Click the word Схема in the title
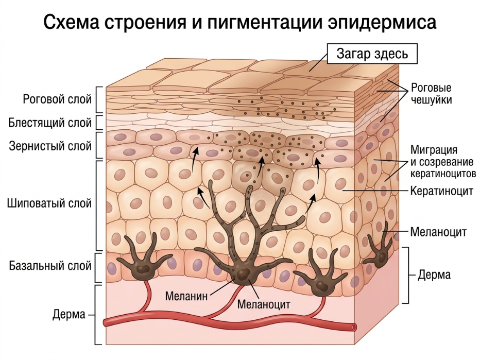[71, 22]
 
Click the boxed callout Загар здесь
[372, 54]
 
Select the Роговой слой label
[57, 99]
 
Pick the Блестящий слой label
[50, 123]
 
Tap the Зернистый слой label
[50, 146]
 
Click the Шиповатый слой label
[49, 203]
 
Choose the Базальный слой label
[50, 265]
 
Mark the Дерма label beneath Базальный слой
[69, 314]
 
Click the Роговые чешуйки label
[431, 94]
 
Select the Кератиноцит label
[442, 191]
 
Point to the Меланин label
[186, 296]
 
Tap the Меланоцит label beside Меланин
[264, 304]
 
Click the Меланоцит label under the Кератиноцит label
[438, 232]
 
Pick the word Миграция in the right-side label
[434, 150]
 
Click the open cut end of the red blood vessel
[354, 327]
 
